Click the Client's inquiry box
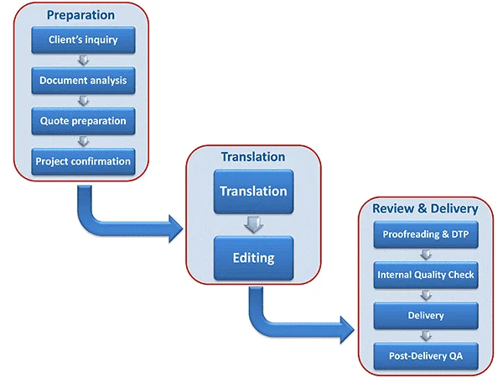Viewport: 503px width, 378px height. coord(83,39)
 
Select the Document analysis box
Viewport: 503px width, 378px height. coord(83,81)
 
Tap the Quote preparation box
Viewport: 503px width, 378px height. coord(83,120)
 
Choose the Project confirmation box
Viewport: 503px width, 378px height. coord(83,160)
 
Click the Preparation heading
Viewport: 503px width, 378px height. coord(80,15)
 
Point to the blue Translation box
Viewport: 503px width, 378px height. coord(252,192)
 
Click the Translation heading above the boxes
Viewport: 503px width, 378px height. coord(252,157)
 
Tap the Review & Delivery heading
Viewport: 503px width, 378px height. coord(425,208)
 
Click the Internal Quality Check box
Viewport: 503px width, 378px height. coord(425,274)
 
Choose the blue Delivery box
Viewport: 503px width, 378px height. coord(425,315)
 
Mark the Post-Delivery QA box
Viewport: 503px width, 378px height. coord(425,355)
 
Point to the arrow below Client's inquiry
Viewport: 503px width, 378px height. coord(83,60)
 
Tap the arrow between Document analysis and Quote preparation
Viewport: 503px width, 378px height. coord(83,101)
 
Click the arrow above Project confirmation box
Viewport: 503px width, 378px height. coord(83,141)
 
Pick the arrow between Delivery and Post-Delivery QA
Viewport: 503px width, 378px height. coord(425,335)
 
